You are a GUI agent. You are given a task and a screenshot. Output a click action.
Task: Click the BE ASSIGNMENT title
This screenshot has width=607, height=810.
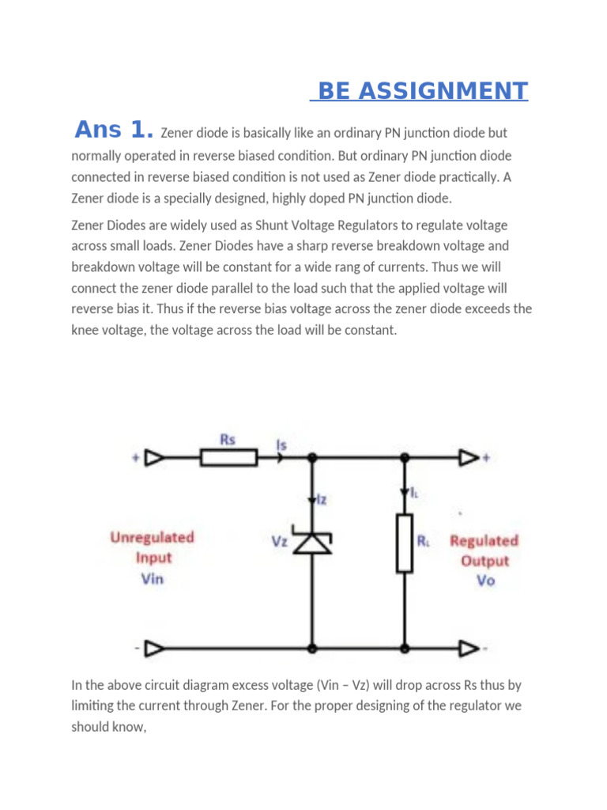tap(419, 91)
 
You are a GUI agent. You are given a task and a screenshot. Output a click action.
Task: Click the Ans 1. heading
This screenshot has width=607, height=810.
tap(113, 130)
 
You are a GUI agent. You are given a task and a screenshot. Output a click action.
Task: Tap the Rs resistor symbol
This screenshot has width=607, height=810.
tap(228, 457)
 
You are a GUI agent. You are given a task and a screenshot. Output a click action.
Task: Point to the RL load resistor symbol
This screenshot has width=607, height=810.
tap(405, 543)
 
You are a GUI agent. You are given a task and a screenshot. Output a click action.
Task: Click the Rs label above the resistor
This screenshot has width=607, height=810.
tap(228, 440)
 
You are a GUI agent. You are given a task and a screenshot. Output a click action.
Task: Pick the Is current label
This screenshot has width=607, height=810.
tap(281, 445)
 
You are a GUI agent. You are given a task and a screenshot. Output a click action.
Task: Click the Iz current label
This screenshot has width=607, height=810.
tap(322, 499)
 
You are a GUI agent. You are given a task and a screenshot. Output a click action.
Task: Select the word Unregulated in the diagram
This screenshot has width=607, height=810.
tap(152, 537)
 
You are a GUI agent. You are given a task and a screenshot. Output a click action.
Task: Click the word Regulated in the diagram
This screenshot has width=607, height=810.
tap(484, 541)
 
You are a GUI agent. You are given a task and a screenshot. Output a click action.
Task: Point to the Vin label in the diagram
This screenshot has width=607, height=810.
tap(152, 578)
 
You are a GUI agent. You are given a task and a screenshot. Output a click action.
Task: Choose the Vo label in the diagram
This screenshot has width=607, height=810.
tap(484, 581)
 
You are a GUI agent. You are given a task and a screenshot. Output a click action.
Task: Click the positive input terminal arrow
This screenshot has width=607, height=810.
tap(156, 457)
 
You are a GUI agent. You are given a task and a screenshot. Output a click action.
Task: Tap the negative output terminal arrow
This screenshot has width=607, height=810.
tap(469, 649)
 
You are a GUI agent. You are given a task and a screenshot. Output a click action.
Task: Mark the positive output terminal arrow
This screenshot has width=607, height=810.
tap(469, 457)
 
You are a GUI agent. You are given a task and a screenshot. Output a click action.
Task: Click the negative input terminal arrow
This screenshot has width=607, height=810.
tap(156, 649)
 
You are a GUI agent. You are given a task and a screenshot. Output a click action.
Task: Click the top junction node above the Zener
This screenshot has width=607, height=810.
tap(312, 457)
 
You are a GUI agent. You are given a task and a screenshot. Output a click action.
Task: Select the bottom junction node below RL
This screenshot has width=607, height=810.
tap(405, 649)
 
